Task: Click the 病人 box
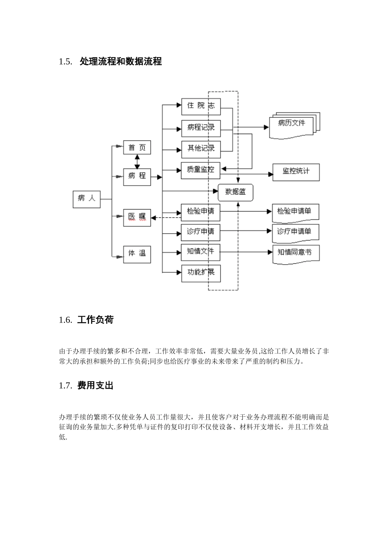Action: click(87, 199)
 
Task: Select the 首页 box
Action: click(137, 148)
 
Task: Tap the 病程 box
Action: click(137, 177)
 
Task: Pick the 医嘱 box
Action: click(137, 217)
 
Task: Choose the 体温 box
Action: click(137, 253)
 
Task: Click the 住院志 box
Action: click(201, 106)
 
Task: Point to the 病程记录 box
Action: click(201, 128)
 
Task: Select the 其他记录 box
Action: click(201, 149)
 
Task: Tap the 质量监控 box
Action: click(201, 170)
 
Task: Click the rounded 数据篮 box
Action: click(236, 192)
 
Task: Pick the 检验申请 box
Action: click(201, 212)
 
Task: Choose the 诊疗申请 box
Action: click(201, 232)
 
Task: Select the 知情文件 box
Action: click(201, 252)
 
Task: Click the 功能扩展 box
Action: click(201, 272)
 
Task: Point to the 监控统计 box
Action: click(296, 172)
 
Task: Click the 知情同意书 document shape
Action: click(295, 253)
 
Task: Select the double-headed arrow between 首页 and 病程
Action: click(137, 162)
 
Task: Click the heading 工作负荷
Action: click(95, 320)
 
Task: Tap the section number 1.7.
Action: click(65, 386)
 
